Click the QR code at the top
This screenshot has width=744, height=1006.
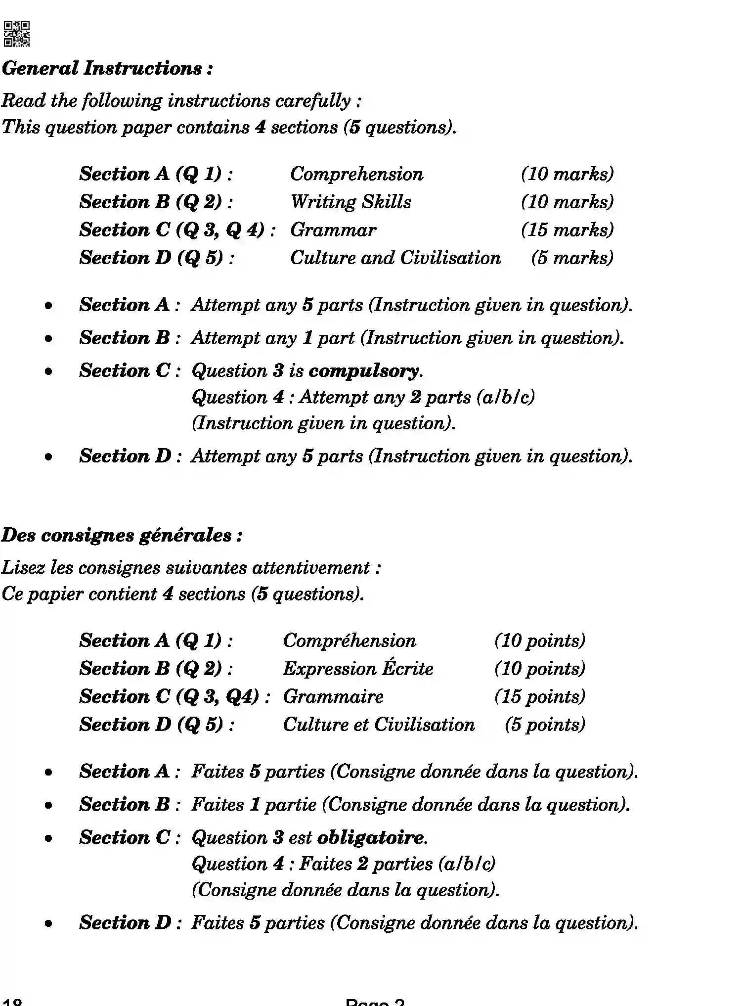click(x=16, y=34)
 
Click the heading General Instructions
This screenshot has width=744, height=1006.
click(x=107, y=68)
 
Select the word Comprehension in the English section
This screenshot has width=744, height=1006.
click(x=356, y=174)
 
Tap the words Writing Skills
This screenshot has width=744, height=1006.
click(x=350, y=202)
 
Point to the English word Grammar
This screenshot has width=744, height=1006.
click(x=333, y=230)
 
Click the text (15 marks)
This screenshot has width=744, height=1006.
click(x=567, y=230)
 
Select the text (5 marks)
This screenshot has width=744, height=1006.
click(x=572, y=258)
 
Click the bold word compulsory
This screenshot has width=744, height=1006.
click(x=365, y=371)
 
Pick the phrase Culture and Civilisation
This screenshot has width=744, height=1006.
click(x=395, y=258)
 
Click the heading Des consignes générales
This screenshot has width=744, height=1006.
click(x=122, y=535)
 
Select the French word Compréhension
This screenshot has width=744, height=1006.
click(x=349, y=640)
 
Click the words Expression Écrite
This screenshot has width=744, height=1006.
click(x=358, y=669)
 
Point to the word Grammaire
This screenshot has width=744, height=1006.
click(x=333, y=696)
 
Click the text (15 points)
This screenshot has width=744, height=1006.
click(x=539, y=696)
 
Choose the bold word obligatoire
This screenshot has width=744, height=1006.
click(x=371, y=837)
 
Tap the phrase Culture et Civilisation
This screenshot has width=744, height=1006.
click(x=379, y=725)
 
